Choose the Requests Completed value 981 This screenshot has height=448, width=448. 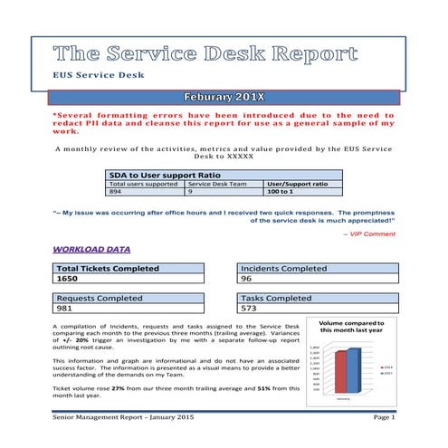click(69, 310)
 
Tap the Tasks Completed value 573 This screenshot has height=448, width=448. click(251, 310)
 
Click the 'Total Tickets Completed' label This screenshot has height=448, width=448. click(108, 268)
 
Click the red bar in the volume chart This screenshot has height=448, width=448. click(340, 372)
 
